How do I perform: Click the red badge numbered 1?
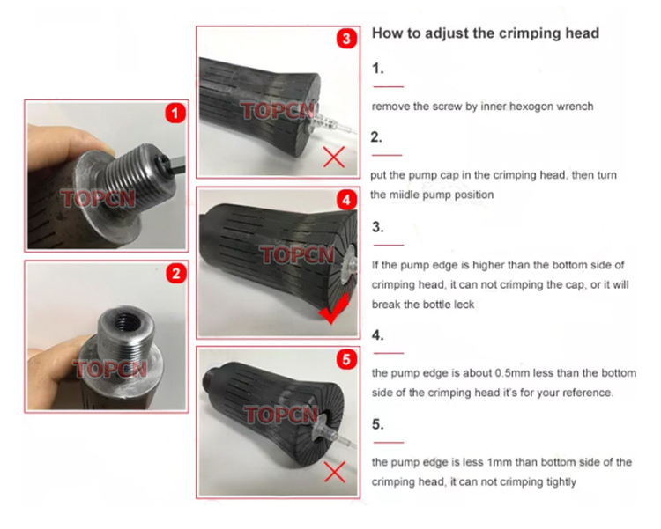pyautogui.click(x=176, y=113)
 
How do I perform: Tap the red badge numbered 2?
pyautogui.click(x=176, y=273)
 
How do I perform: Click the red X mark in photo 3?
pyautogui.click(x=334, y=158)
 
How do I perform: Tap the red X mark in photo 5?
pyautogui.click(x=334, y=472)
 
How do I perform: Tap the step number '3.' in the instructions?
pyautogui.click(x=377, y=226)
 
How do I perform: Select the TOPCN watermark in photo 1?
pyautogui.click(x=98, y=198)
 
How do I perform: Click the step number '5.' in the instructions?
pyautogui.click(x=377, y=424)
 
